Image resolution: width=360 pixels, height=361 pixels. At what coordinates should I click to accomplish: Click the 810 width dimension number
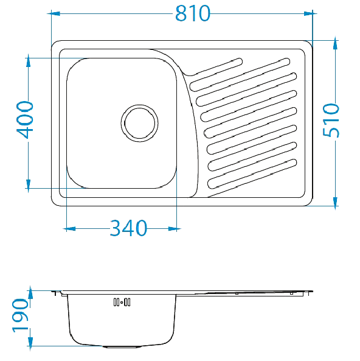coord(193,13)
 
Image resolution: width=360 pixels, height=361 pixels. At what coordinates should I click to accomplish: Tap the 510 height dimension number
coord(331,121)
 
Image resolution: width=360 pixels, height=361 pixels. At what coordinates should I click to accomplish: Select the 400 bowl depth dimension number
coord(25,120)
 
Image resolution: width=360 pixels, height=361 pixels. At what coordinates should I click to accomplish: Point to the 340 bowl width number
coord(128,228)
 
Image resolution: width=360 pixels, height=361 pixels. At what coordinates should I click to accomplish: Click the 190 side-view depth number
coord(21,315)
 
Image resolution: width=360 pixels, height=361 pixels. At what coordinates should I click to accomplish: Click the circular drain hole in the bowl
coord(140,124)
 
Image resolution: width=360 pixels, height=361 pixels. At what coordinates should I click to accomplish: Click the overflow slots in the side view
coord(122,302)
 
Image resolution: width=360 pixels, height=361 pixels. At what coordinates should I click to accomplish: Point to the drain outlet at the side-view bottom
coord(121,346)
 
